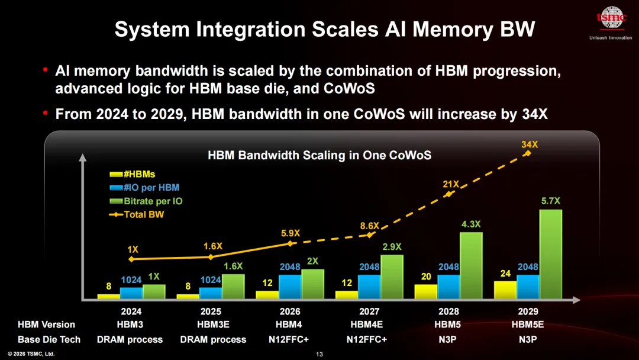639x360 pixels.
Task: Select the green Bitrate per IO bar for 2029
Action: [551, 255]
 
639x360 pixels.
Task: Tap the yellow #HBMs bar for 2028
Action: [426, 292]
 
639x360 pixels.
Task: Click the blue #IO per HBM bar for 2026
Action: [290, 287]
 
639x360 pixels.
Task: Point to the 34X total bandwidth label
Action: [530, 144]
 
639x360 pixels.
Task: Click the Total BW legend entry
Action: [137, 214]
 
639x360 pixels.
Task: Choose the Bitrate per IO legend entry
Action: [146, 201]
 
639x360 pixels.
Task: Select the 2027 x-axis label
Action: [369, 311]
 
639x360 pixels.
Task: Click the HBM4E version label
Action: [367, 324]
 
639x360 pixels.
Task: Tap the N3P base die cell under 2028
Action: [447, 339]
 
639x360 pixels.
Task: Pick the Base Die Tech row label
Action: [49, 339]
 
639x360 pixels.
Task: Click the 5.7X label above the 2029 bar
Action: [551, 201]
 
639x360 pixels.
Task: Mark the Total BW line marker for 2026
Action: [290, 244]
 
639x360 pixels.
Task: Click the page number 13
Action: [319, 354]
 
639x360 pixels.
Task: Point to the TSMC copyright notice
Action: [31, 354]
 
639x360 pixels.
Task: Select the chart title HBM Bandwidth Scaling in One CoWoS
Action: [319, 155]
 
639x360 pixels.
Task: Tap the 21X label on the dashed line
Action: [451, 184]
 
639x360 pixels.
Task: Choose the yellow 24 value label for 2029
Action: [505, 274]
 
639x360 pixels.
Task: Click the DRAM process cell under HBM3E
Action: [213, 339]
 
